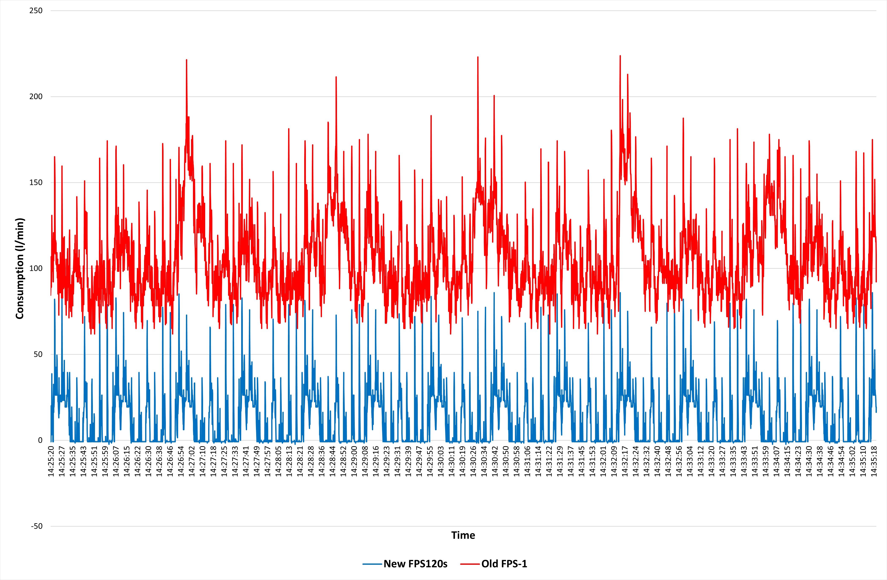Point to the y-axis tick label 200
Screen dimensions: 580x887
[36, 97]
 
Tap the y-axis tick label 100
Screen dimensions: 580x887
[36, 269]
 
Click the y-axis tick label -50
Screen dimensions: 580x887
[37, 526]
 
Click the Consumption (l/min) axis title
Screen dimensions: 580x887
[20, 269]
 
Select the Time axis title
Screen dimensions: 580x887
[463, 535]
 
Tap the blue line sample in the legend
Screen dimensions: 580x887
[372, 564]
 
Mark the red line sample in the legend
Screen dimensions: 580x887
[470, 564]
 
